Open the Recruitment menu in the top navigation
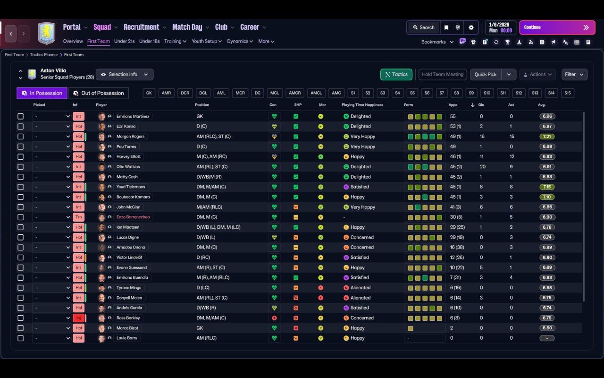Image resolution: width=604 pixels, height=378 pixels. coord(142,27)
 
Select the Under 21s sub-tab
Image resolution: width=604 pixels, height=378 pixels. coord(124,41)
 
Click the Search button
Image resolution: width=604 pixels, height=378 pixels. coord(423,27)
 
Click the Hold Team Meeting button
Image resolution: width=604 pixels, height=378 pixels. coord(443,74)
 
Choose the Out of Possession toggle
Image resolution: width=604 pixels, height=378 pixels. coord(99,93)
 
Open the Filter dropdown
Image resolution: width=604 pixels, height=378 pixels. coord(574,74)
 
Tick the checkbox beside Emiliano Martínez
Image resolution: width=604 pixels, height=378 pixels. coord(20,116)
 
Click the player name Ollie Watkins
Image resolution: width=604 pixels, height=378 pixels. coord(128,167)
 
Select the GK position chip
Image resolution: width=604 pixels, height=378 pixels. coord(149,93)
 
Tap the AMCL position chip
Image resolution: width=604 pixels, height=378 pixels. coord(316,93)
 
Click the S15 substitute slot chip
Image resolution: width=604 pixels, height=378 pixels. coord(567,93)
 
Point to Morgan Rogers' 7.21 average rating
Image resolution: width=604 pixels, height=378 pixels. coord(547,137)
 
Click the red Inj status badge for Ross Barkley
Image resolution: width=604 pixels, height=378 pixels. coord(78,318)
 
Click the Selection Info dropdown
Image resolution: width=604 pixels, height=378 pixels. coord(125,74)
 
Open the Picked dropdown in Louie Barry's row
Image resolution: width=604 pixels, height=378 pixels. coord(52,338)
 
